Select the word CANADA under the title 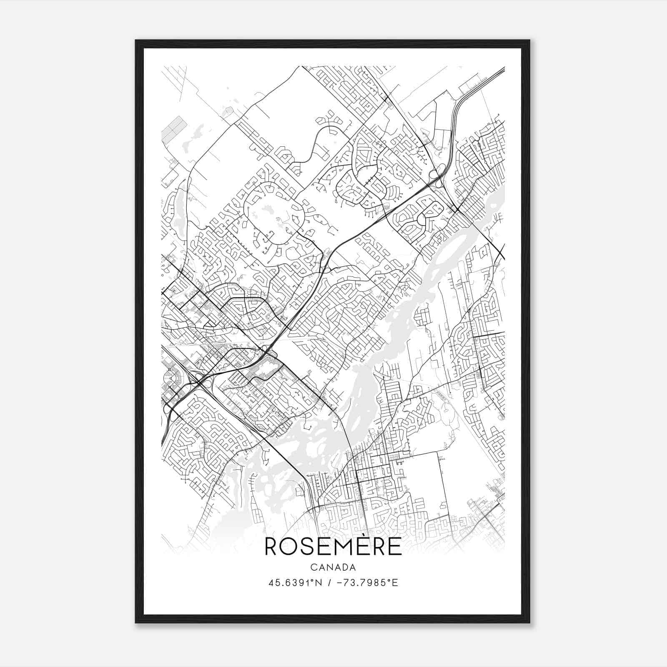pos(333,567)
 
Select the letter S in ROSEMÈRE pos(309,547)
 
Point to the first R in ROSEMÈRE pos(272,547)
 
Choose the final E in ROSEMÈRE pos(394,547)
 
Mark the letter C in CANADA pos(313,567)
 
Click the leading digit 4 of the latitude pos(271,583)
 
